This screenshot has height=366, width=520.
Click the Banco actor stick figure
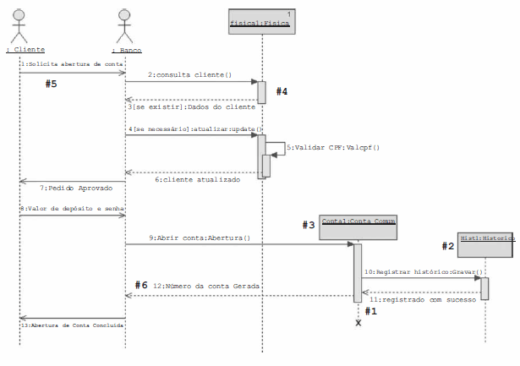[125, 26]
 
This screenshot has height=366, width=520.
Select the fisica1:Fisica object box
[261, 22]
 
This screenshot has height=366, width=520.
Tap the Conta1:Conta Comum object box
[359, 227]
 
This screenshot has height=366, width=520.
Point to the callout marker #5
[52, 84]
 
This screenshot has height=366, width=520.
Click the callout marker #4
[282, 91]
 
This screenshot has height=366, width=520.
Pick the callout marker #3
[309, 225]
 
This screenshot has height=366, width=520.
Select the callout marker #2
[448, 246]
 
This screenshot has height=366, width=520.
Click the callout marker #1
[370, 310]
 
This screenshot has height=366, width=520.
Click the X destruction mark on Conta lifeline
[359, 322]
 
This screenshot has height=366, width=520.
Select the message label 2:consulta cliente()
[190, 75]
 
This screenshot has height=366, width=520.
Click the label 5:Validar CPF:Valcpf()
[333, 147]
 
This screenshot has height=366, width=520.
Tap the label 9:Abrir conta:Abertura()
[200, 238]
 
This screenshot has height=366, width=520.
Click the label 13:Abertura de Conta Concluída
[72, 324]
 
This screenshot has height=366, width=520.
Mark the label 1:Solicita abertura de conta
[72, 64]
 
